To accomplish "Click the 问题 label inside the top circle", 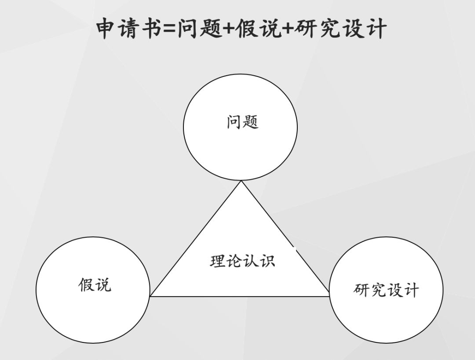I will click(242, 122).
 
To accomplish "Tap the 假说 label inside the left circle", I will click(95, 285).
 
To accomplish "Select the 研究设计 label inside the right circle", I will click(386, 290).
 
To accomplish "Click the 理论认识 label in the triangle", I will click(242, 261).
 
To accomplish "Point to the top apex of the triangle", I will click(241, 182).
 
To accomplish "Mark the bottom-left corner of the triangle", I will click(150, 296).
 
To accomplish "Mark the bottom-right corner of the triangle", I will click(329, 296).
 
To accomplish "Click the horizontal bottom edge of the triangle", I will click(240, 296).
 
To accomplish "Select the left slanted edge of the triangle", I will click(196, 239).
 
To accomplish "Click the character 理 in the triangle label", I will click(218, 261).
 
